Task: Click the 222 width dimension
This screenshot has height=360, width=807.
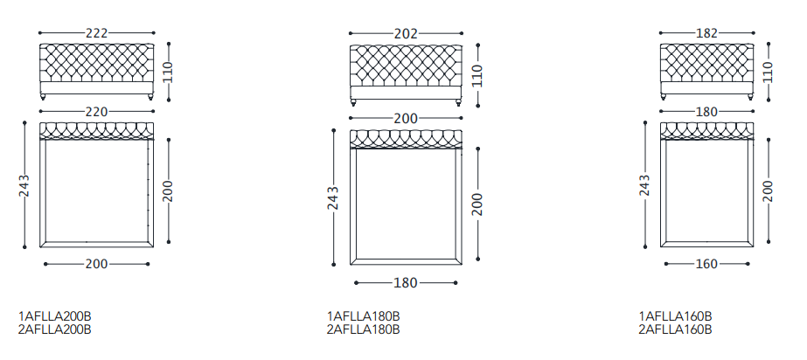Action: pyautogui.click(x=97, y=33)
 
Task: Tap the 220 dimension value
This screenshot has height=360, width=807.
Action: pyautogui.click(x=97, y=111)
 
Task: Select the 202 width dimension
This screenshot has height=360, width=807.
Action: pyautogui.click(x=406, y=33)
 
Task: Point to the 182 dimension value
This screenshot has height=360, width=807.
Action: pyautogui.click(x=706, y=33)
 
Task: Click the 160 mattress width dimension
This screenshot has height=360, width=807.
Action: pyautogui.click(x=706, y=264)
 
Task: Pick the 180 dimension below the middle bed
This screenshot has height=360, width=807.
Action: pyautogui.click(x=406, y=282)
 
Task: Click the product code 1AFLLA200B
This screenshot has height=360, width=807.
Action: pyautogui.click(x=55, y=315)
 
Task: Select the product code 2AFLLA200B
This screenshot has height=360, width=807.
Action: pyautogui.click(x=55, y=329)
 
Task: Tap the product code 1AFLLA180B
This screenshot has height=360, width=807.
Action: pyautogui.click(x=364, y=315)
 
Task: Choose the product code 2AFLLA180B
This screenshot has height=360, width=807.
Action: pyautogui.click(x=364, y=329)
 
